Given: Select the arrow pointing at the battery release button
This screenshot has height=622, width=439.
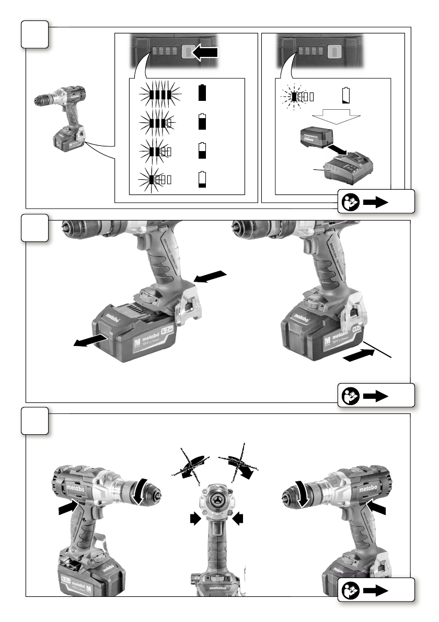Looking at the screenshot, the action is (214, 278).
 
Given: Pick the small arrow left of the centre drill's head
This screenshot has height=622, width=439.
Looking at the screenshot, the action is (195, 518).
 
